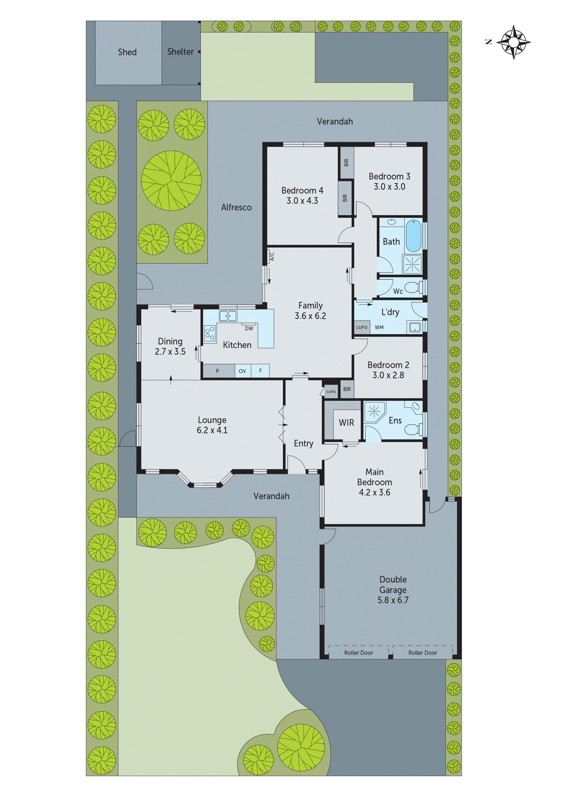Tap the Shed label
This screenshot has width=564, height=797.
(127, 52)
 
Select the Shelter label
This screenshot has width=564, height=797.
(180, 52)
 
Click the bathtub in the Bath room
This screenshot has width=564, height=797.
(414, 236)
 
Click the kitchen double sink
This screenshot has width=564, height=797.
(228, 316)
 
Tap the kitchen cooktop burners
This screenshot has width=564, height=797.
(210, 333)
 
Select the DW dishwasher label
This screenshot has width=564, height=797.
(249, 328)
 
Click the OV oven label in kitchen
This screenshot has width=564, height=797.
(242, 371)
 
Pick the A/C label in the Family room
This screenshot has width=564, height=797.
(272, 256)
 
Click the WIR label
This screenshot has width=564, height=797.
(346, 423)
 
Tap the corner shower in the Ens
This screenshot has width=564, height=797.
(374, 412)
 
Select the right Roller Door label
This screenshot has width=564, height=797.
(423, 653)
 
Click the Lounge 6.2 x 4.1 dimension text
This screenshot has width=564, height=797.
(212, 430)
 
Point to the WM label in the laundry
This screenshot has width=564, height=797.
(379, 327)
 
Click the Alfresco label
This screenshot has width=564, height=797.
(236, 208)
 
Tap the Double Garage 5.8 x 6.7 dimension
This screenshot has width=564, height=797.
(393, 600)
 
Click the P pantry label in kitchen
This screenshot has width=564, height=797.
(217, 371)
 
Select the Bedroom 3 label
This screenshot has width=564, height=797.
(389, 176)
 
